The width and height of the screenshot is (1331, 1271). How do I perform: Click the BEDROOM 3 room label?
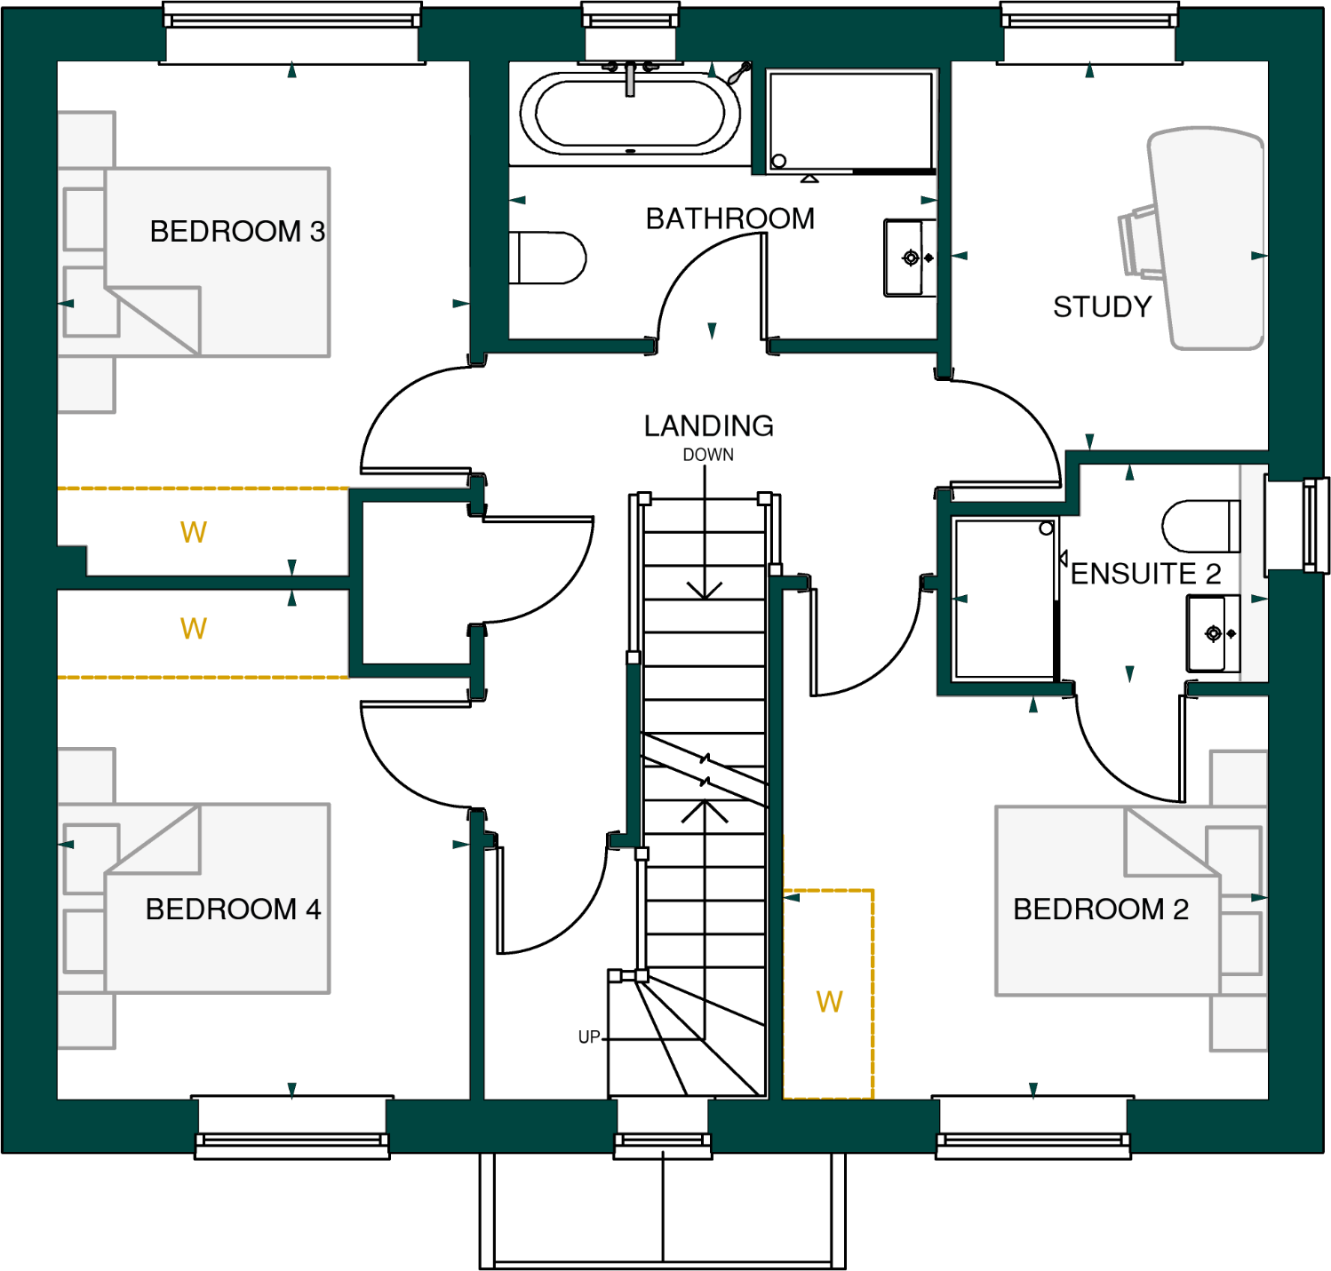click(236, 231)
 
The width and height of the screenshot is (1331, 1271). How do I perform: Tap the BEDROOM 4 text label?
click(233, 909)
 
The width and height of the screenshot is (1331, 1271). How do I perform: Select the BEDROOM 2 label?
click(1100, 909)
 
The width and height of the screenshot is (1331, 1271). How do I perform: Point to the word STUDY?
click(1102, 306)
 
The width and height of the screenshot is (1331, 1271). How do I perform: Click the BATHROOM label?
click(729, 218)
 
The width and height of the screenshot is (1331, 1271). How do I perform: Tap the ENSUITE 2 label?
click(1145, 574)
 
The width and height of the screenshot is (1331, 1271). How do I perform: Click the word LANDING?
click(708, 426)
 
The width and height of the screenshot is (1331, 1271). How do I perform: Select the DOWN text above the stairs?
click(708, 455)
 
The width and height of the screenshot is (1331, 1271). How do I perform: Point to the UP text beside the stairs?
click(589, 1037)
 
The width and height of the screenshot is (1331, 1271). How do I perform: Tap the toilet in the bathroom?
click(546, 258)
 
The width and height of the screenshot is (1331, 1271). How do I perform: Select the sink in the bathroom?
click(909, 258)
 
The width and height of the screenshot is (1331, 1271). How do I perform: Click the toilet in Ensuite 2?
click(1199, 526)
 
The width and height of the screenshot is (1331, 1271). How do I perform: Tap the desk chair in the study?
click(1138, 241)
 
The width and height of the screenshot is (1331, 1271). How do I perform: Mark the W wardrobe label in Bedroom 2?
click(829, 1002)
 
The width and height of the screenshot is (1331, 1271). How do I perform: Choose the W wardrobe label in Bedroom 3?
click(193, 532)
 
